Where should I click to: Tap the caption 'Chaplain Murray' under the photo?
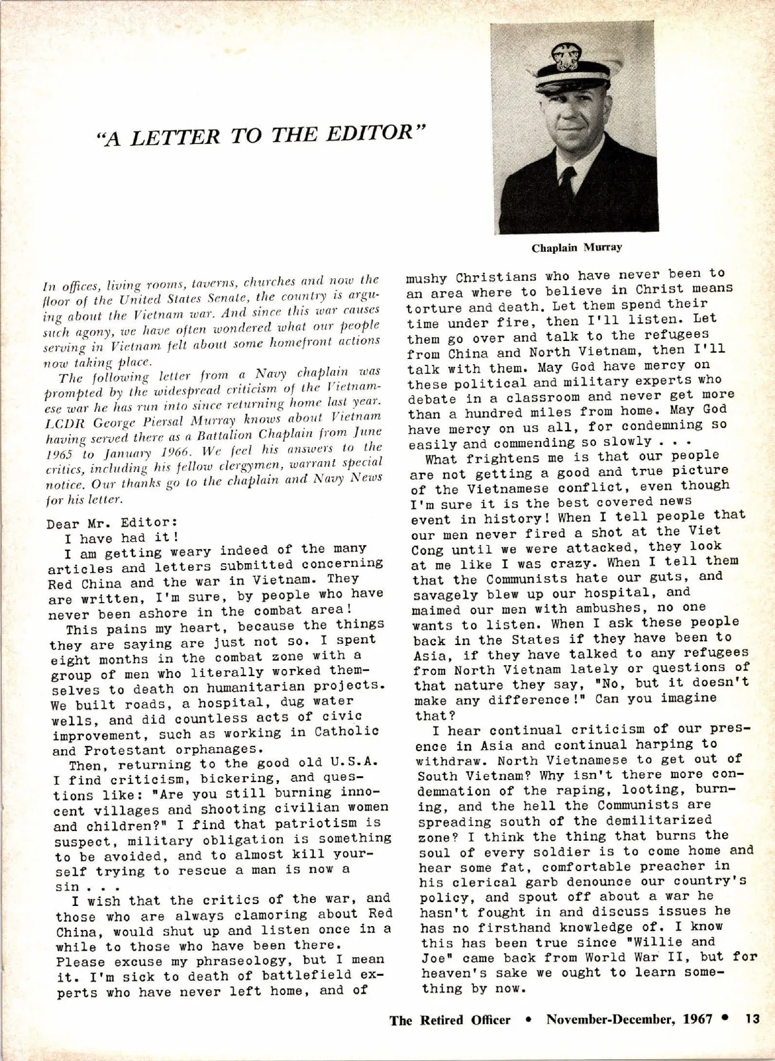tap(577, 247)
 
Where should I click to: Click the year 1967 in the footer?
tap(696, 1020)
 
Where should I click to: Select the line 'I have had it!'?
tap(121, 537)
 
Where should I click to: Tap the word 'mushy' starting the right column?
tap(426, 278)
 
